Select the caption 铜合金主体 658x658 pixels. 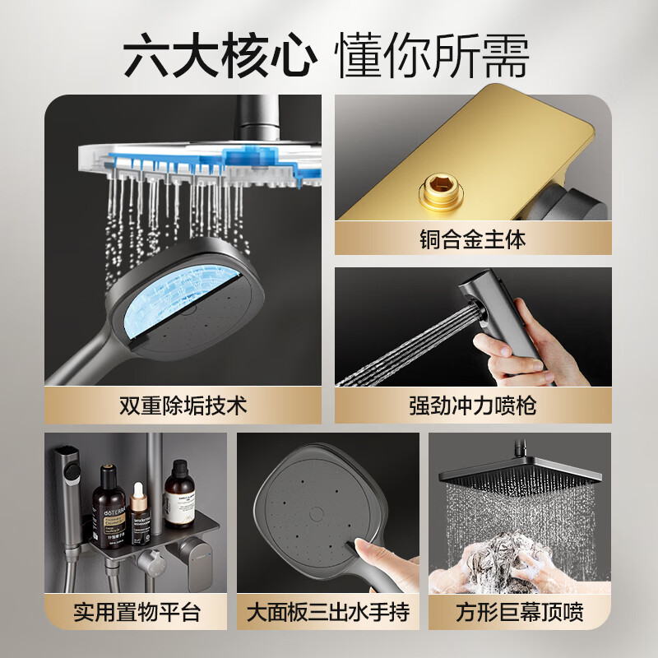(472, 239)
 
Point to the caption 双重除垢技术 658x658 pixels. (183, 405)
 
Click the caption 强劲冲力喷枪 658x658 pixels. (472, 405)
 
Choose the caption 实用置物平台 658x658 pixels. (137, 613)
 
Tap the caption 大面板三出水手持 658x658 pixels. (328, 613)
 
